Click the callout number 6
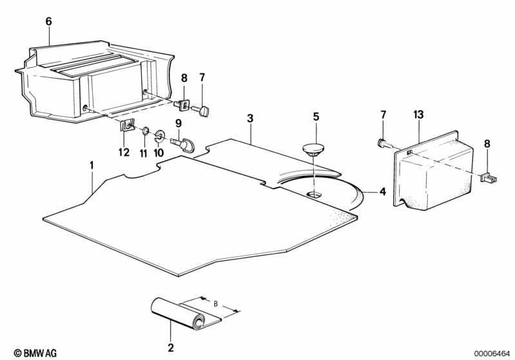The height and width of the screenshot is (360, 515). point(48,22)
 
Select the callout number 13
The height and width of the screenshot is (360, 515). point(418,115)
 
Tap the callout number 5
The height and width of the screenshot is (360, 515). point(316,117)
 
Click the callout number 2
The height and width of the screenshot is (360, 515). point(170,348)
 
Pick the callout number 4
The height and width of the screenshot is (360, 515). point(383,191)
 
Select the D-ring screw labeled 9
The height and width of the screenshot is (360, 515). point(183,144)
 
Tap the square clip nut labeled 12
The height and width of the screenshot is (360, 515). point(126,125)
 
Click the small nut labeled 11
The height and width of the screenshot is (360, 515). point(144,132)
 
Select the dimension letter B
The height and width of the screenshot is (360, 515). point(215,304)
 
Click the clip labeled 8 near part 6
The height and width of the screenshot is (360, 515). point(182,105)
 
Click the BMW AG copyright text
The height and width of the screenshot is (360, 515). point(35,353)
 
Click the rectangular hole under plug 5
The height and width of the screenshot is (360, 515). point(315,194)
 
